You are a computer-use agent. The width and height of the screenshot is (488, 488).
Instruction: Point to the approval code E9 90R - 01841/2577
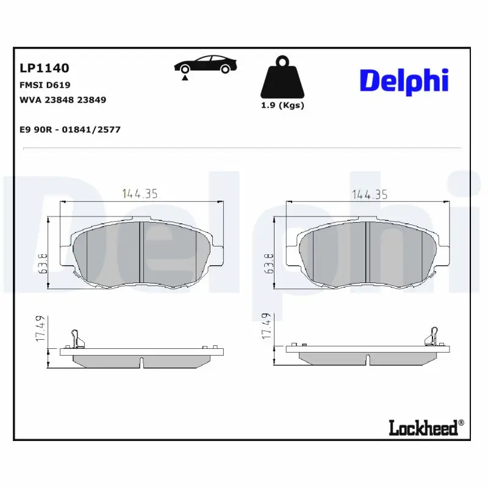point(70,129)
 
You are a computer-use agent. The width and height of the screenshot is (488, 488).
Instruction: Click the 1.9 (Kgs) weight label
point(282,105)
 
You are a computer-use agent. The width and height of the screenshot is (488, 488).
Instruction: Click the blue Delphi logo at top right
point(404,81)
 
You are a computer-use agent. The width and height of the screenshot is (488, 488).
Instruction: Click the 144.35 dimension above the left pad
point(140,194)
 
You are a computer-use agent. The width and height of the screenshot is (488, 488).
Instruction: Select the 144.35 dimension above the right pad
point(369,194)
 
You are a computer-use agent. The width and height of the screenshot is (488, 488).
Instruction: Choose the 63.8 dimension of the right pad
point(268,264)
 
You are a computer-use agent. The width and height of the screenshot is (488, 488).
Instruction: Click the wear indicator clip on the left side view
point(75,337)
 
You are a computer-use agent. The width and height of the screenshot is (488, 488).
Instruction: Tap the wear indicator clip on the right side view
point(434,336)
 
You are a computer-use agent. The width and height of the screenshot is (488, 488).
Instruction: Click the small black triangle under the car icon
point(184,77)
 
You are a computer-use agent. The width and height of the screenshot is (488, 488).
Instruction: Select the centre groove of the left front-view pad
point(140,252)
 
